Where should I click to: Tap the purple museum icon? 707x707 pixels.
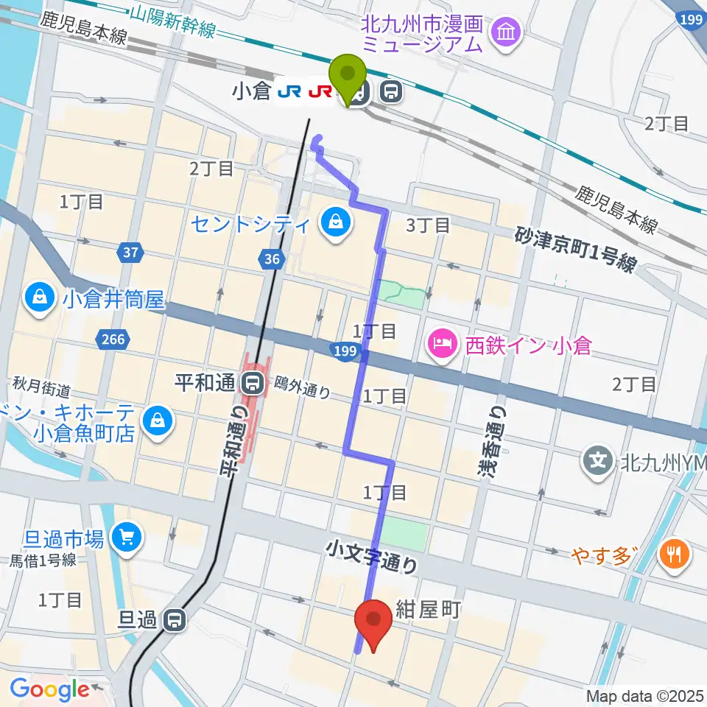507,32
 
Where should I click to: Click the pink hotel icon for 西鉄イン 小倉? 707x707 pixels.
442,343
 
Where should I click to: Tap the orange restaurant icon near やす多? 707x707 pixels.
673,553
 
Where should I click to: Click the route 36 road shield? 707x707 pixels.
271,258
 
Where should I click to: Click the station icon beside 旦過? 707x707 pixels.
175,621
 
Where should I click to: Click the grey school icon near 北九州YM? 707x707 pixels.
597,462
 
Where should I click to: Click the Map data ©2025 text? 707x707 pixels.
646,695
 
